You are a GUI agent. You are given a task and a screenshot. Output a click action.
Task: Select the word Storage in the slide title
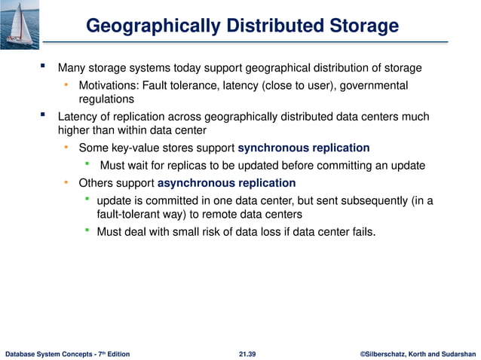pyautogui.click(x=360, y=26)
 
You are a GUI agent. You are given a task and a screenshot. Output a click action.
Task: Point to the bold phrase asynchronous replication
pyautogui.click(x=227, y=183)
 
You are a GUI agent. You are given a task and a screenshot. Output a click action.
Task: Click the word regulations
pyautogui.click(x=106, y=99)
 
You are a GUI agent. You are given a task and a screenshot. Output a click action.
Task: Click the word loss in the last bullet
pyautogui.click(x=268, y=231)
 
